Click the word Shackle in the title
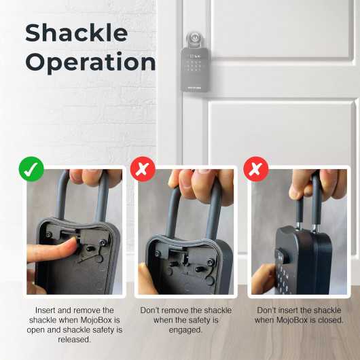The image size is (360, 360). click(x=76, y=32)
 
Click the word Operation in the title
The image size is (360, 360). click(x=90, y=62)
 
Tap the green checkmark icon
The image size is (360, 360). click(x=31, y=170)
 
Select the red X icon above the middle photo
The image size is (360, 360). click(x=143, y=170)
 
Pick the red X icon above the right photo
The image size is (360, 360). click(x=255, y=170)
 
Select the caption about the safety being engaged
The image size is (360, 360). click(x=185, y=320)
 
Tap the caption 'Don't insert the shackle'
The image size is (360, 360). click(x=299, y=310)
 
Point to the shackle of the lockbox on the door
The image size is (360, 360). click(x=195, y=37)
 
